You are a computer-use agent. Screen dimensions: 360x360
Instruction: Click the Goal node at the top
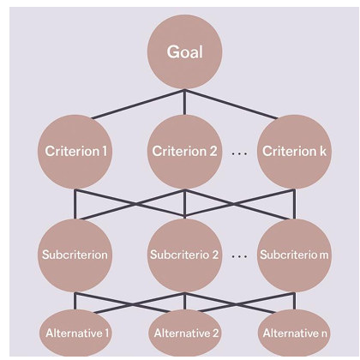tap(184, 51)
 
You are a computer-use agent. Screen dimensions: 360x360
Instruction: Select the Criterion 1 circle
tap(75, 152)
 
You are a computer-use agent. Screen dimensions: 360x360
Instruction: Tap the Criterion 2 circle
tap(184, 152)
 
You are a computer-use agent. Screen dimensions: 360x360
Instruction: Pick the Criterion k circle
tap(295, 152)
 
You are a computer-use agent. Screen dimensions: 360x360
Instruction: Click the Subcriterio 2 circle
tap(184, 255)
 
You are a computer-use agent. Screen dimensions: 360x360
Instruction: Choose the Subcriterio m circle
tap(295, 255)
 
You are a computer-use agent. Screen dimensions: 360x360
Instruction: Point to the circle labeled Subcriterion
tap(75, 255)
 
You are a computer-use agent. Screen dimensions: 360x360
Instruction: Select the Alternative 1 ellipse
tap(75, 333)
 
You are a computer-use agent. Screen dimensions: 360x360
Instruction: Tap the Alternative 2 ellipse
tap(185, 333)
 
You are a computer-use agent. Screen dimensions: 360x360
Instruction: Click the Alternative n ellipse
tap(295, 333)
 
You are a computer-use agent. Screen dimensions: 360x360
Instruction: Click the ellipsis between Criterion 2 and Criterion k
tap(239, 154)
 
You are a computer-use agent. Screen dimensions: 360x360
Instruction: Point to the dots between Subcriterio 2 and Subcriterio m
tap(239, 256)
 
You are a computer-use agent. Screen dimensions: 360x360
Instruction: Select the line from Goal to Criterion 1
tap(138, 104)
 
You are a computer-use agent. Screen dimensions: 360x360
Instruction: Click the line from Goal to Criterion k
tap(231, 104)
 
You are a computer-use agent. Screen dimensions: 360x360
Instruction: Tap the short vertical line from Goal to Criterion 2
tap(184, 102)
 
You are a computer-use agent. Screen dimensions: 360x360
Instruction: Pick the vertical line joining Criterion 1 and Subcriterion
tap(75, 204)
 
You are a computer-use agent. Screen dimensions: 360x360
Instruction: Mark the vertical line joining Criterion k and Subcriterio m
tap(295, 204)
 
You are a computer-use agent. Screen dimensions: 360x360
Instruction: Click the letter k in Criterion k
tap(323, 151)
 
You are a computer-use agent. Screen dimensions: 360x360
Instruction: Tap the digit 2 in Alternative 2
tap(215, 333)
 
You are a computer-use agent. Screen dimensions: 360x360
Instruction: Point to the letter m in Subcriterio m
tap(324, 255)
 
